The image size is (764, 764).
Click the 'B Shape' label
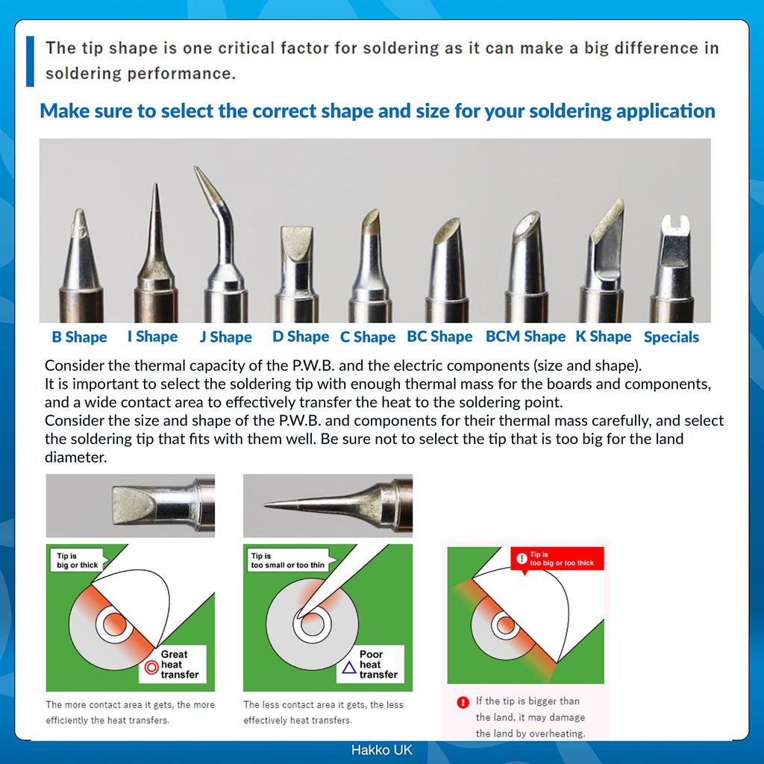(x=79, y=337)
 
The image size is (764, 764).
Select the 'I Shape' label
(x=152, y=336)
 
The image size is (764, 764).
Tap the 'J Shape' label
(x=225, y=337)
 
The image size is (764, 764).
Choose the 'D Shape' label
(x=300, y=336)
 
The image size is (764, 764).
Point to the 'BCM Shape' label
(x=525, y=336)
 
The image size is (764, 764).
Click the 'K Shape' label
(x=603, y=336)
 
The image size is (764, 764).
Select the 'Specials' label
(x=671, y=337)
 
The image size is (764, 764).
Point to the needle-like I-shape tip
(x=156, y=216)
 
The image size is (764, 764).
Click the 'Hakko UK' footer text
(x=381, y=750)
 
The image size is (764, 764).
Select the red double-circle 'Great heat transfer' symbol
(x=151, y=668)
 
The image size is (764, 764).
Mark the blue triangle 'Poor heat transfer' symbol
(x=348, y=668)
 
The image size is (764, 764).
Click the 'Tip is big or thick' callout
(x=78, y=560)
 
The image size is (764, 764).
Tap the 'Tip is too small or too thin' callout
(x=287, y=560)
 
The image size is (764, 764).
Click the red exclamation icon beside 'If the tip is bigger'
(x=463, y=702)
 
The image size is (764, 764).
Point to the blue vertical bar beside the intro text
(x=30, y=61)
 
